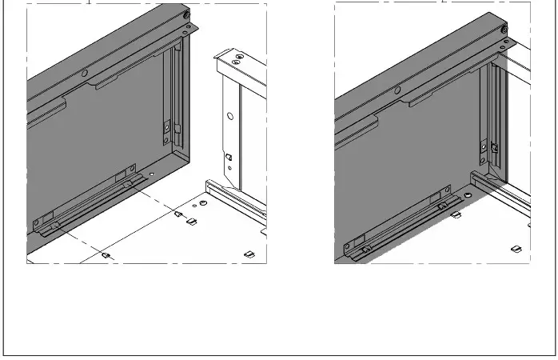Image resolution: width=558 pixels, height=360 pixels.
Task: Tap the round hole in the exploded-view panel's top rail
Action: (84, 73)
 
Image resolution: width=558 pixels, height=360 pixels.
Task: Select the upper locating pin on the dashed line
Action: (177, 214)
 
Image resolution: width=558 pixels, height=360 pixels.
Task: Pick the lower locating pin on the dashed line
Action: (106, 254)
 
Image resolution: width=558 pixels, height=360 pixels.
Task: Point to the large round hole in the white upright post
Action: (230, 117)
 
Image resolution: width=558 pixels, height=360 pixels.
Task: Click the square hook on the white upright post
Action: (228, 156)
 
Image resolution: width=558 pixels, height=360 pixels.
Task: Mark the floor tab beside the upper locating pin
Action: (191, 222)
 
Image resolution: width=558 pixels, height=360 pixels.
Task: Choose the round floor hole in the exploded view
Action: (203, 204)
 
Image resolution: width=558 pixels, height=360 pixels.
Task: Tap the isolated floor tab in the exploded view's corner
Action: (248, 254)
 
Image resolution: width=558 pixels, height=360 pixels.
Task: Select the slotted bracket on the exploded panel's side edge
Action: (167, 127)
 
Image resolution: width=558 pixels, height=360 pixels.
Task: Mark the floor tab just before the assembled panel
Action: (456, 214)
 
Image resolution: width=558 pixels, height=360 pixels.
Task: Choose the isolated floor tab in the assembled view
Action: (516, 247)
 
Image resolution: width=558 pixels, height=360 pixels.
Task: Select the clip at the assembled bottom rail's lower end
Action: (365, 250)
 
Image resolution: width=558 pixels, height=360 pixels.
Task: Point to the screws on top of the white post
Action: (237, 57)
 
